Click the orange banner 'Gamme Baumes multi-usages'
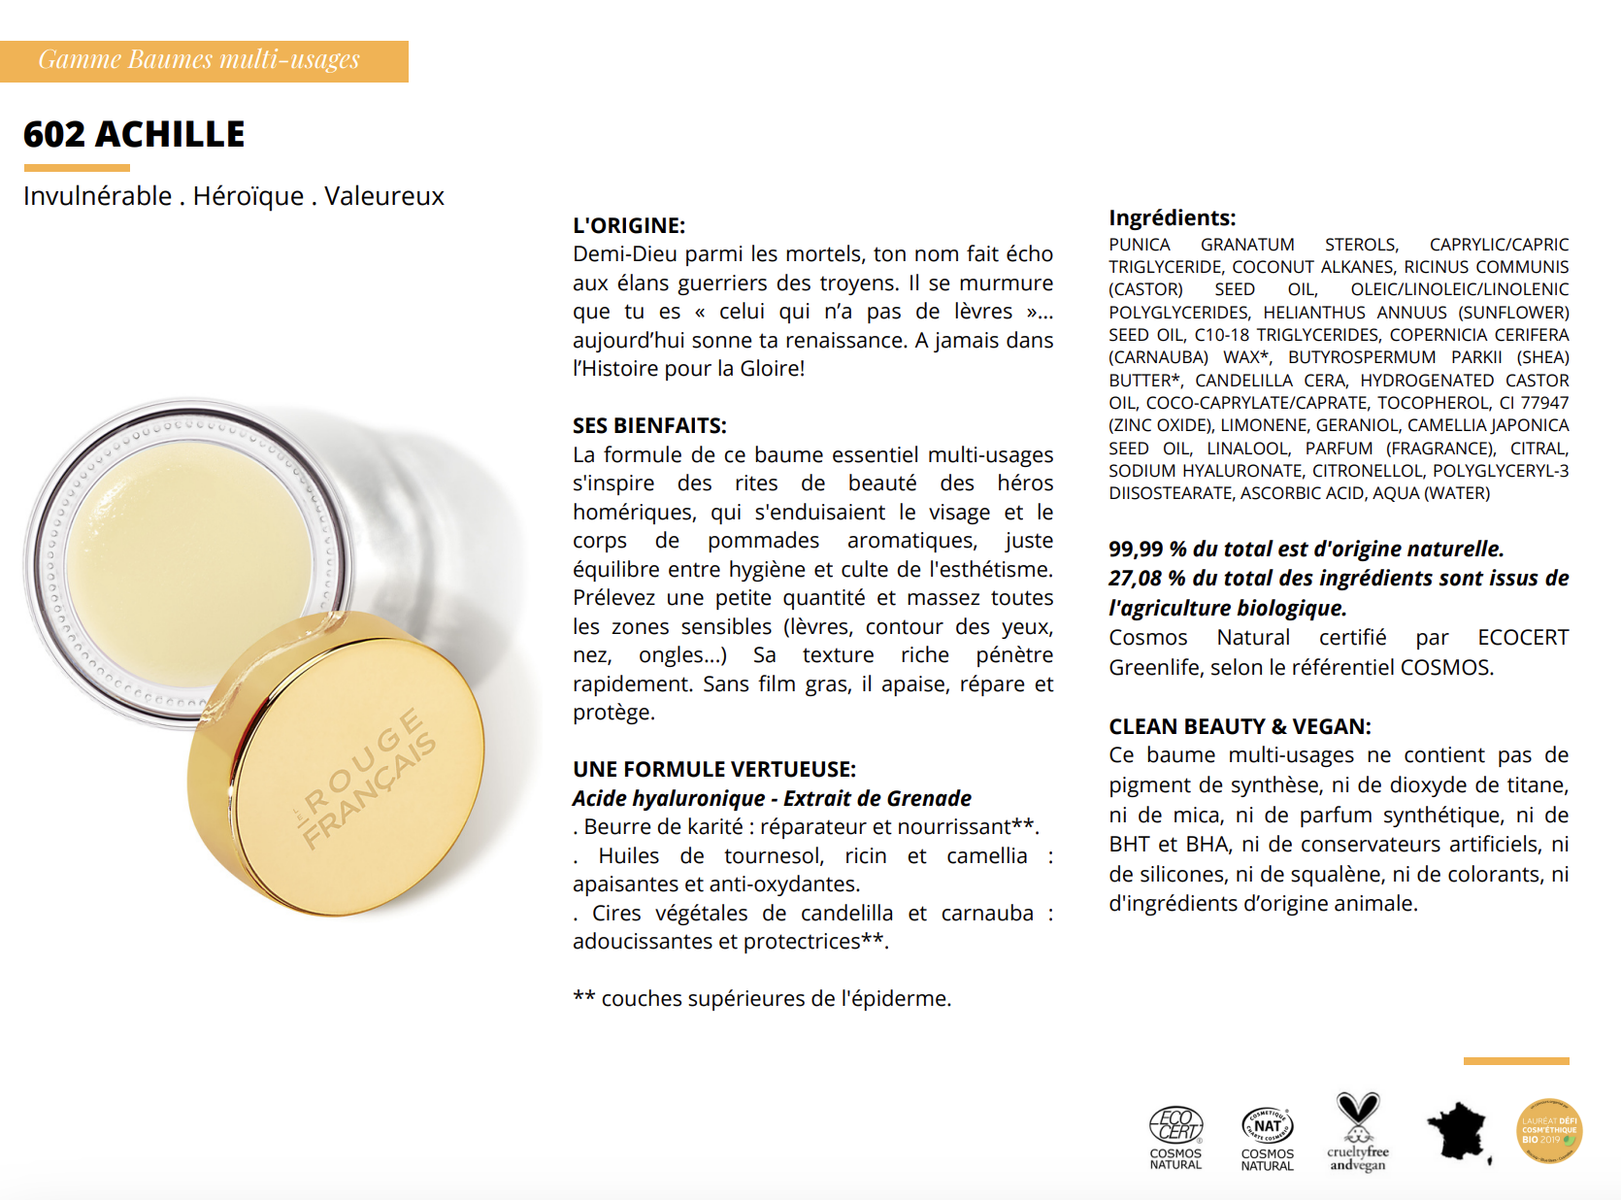pyautogui.click(x=204, y=61)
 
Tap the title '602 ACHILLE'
pyautogui.click(x=134, y=134)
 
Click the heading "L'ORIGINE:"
pyautogui.click(x=629, y=225)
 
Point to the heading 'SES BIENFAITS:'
pyautogui.click(x=649, y=425)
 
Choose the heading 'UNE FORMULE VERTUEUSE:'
pyautogui.click(x=714, y=769)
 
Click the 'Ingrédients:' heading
pyautogui.click(x=1173, y=217)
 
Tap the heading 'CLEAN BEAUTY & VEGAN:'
pyautogui.click(x=1240, y=726)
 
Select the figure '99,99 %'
pyautogui.click(x=1147, y=549)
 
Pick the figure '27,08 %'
pyautogui.click(x=1147, y=579)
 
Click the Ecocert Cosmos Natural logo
pyautogui.click(x=1175, y=1137)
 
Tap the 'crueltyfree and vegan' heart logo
pyautogui.click(x=1357, y=1132)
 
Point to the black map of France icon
pyautogui.click(x=1459, y=1132)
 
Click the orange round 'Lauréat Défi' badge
pyautogui.click(x=1549, y=1131)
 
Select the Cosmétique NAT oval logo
pyautogui.click(x=1268, y=1137)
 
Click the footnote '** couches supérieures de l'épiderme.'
pyautogui.click(x=762, y=999)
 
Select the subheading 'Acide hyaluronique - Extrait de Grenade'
pyautogui.click(x=772, y=798)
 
